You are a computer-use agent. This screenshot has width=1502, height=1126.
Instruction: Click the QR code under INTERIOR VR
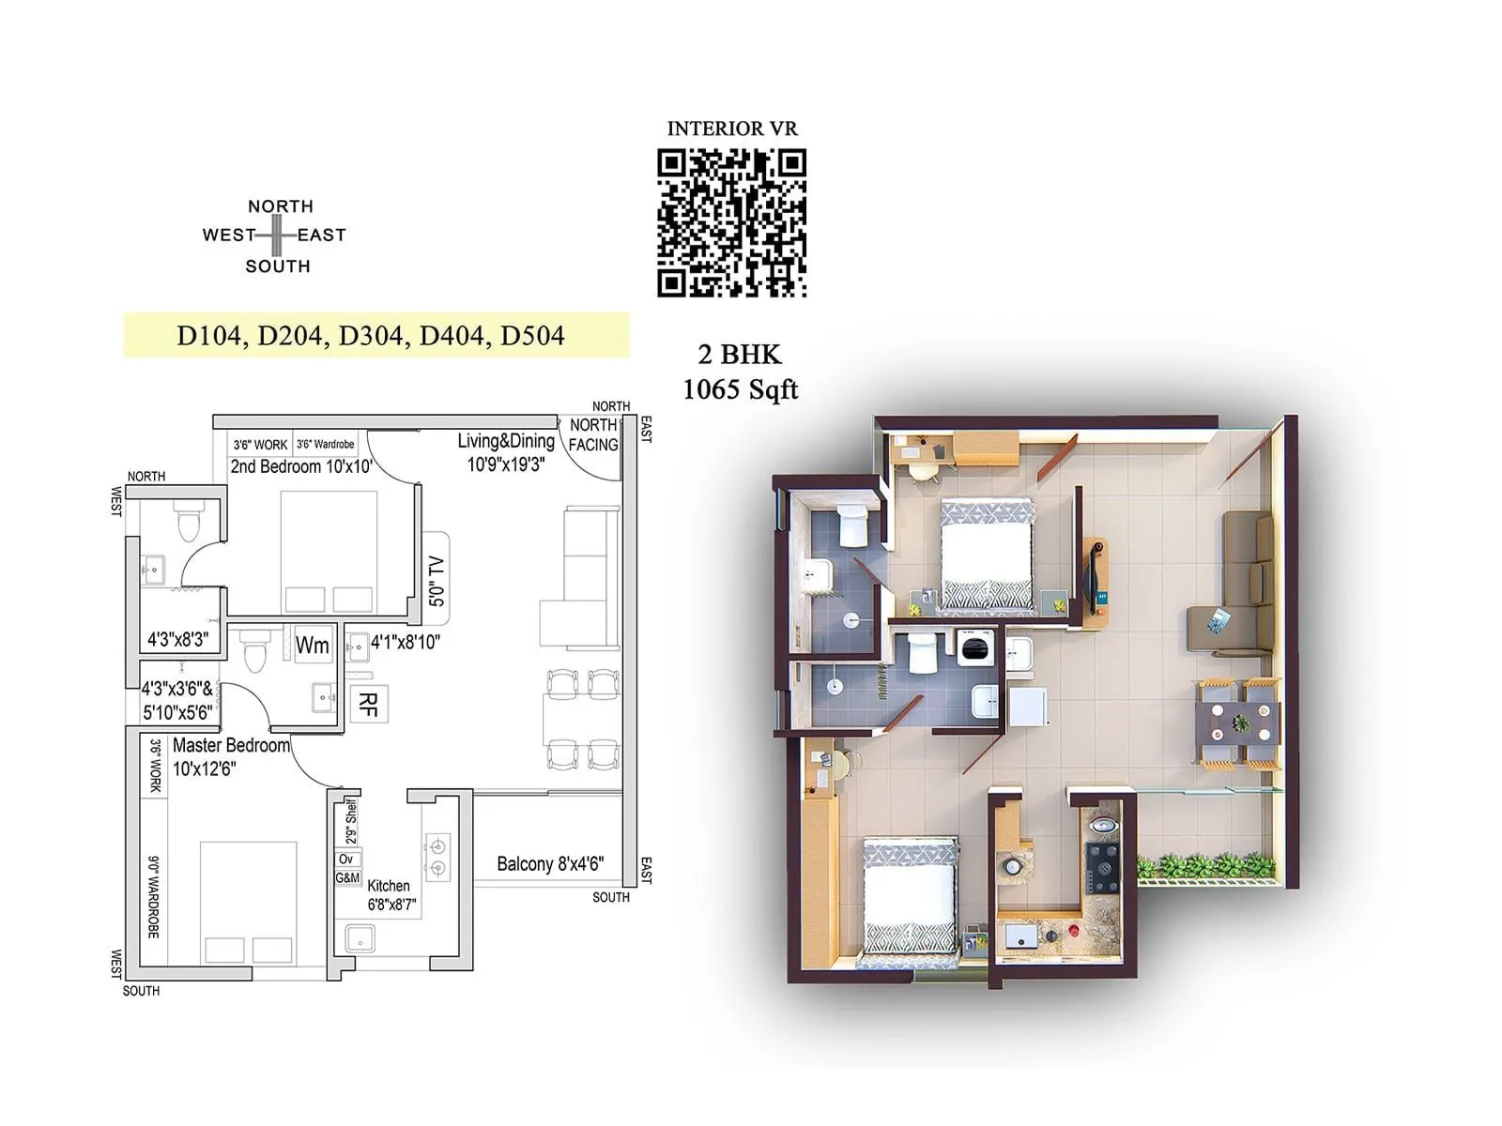[x=731, y=223]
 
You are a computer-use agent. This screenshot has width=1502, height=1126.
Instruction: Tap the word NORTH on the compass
[x=280, y=206]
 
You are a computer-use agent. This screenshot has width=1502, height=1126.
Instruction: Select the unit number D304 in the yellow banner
[x=370, y=336]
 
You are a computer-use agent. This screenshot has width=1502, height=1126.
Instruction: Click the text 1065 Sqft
[x=740, y=389]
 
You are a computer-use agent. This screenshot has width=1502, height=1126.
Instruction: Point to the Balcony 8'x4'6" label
[x=549, y=864]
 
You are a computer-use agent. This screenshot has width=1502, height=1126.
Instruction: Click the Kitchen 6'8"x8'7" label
[x=391, y=895]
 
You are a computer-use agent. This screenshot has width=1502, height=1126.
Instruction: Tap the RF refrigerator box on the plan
[x=368, y=703]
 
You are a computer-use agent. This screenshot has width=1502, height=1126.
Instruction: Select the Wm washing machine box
[x=312, y=645]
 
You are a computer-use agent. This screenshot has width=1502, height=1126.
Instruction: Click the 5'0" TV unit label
[x=437, y=581]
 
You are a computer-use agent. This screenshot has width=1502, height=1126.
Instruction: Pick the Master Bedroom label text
[x=231, y=746]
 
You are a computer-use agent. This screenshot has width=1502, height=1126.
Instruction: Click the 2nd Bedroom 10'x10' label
[x=300, y=466]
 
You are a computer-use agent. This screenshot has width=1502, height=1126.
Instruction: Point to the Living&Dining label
[x=506, y=441]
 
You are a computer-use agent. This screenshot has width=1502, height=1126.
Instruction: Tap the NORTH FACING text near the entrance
[x=593, y=435]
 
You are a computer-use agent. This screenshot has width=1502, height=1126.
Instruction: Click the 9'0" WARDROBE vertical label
[x=154, y=896]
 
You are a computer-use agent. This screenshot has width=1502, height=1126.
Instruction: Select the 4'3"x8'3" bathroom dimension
[x=176, y=640]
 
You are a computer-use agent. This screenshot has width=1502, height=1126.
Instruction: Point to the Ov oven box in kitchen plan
[x=346, y=860]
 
